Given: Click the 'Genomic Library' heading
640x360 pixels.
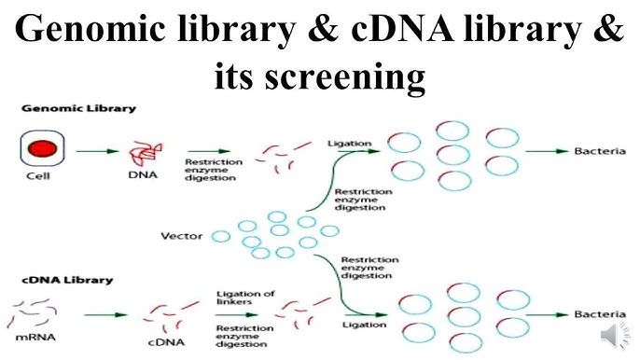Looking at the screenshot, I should [x=78, y=108].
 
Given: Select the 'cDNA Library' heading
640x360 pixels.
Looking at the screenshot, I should [x=66, y=279].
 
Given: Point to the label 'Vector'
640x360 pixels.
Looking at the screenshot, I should [x=183, y=237].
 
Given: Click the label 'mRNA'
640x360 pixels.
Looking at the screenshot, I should [x=36, y=335].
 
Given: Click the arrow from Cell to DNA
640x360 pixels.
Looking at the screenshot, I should [x=89, y=149].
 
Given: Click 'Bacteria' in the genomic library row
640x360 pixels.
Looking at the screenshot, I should [x=599, y=149].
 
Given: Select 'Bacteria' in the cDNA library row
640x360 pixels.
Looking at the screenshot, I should [x=599, y=316].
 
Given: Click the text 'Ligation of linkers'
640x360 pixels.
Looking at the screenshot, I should [x=244, y=298].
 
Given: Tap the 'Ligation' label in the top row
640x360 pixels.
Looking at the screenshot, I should [x=349, y=144].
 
